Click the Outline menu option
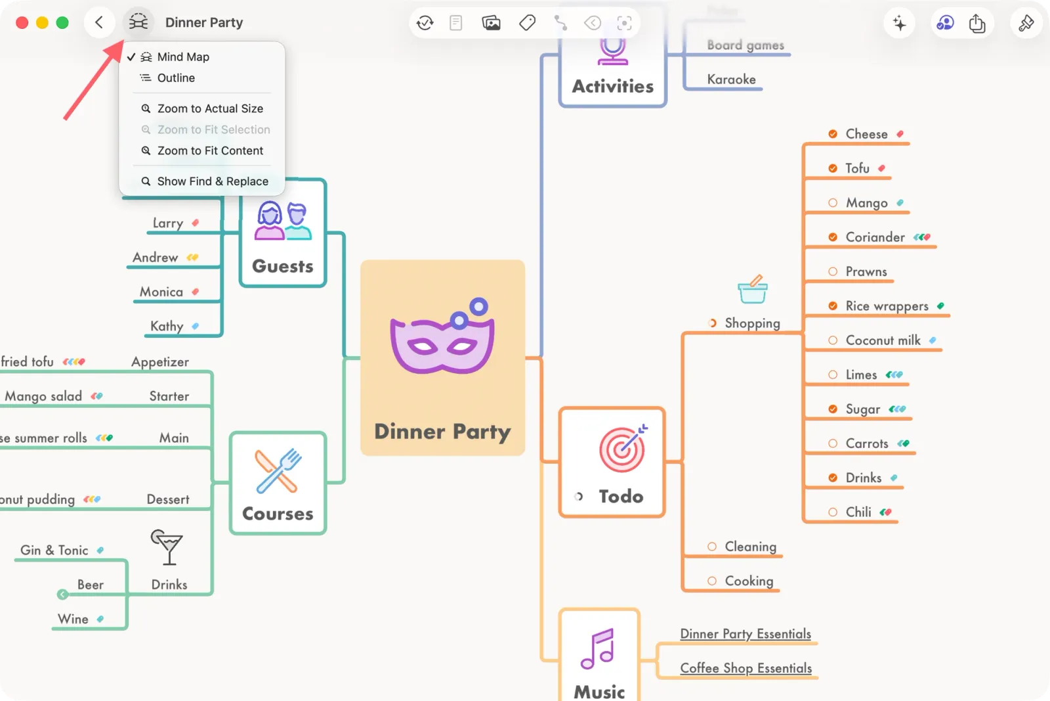[176, 78]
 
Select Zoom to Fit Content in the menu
[210, 151]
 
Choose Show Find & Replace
[213, 181]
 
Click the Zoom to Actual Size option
[210, 108]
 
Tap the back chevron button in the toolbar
[99, 23]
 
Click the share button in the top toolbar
[977, 24]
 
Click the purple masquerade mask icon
[442, 336]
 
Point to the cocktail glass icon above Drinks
[167, 547]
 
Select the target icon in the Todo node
[622, 449]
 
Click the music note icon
[598, 649]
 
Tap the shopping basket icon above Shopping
[752, 290]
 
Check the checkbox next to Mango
[833, 203]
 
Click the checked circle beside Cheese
[833, 134]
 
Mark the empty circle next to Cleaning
[712, 547]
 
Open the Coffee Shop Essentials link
[745, 668]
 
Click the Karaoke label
[731, 79]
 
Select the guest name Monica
[161, 292]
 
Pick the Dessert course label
[168, 499]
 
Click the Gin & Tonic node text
[54, 551]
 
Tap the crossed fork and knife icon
[278, 471]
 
